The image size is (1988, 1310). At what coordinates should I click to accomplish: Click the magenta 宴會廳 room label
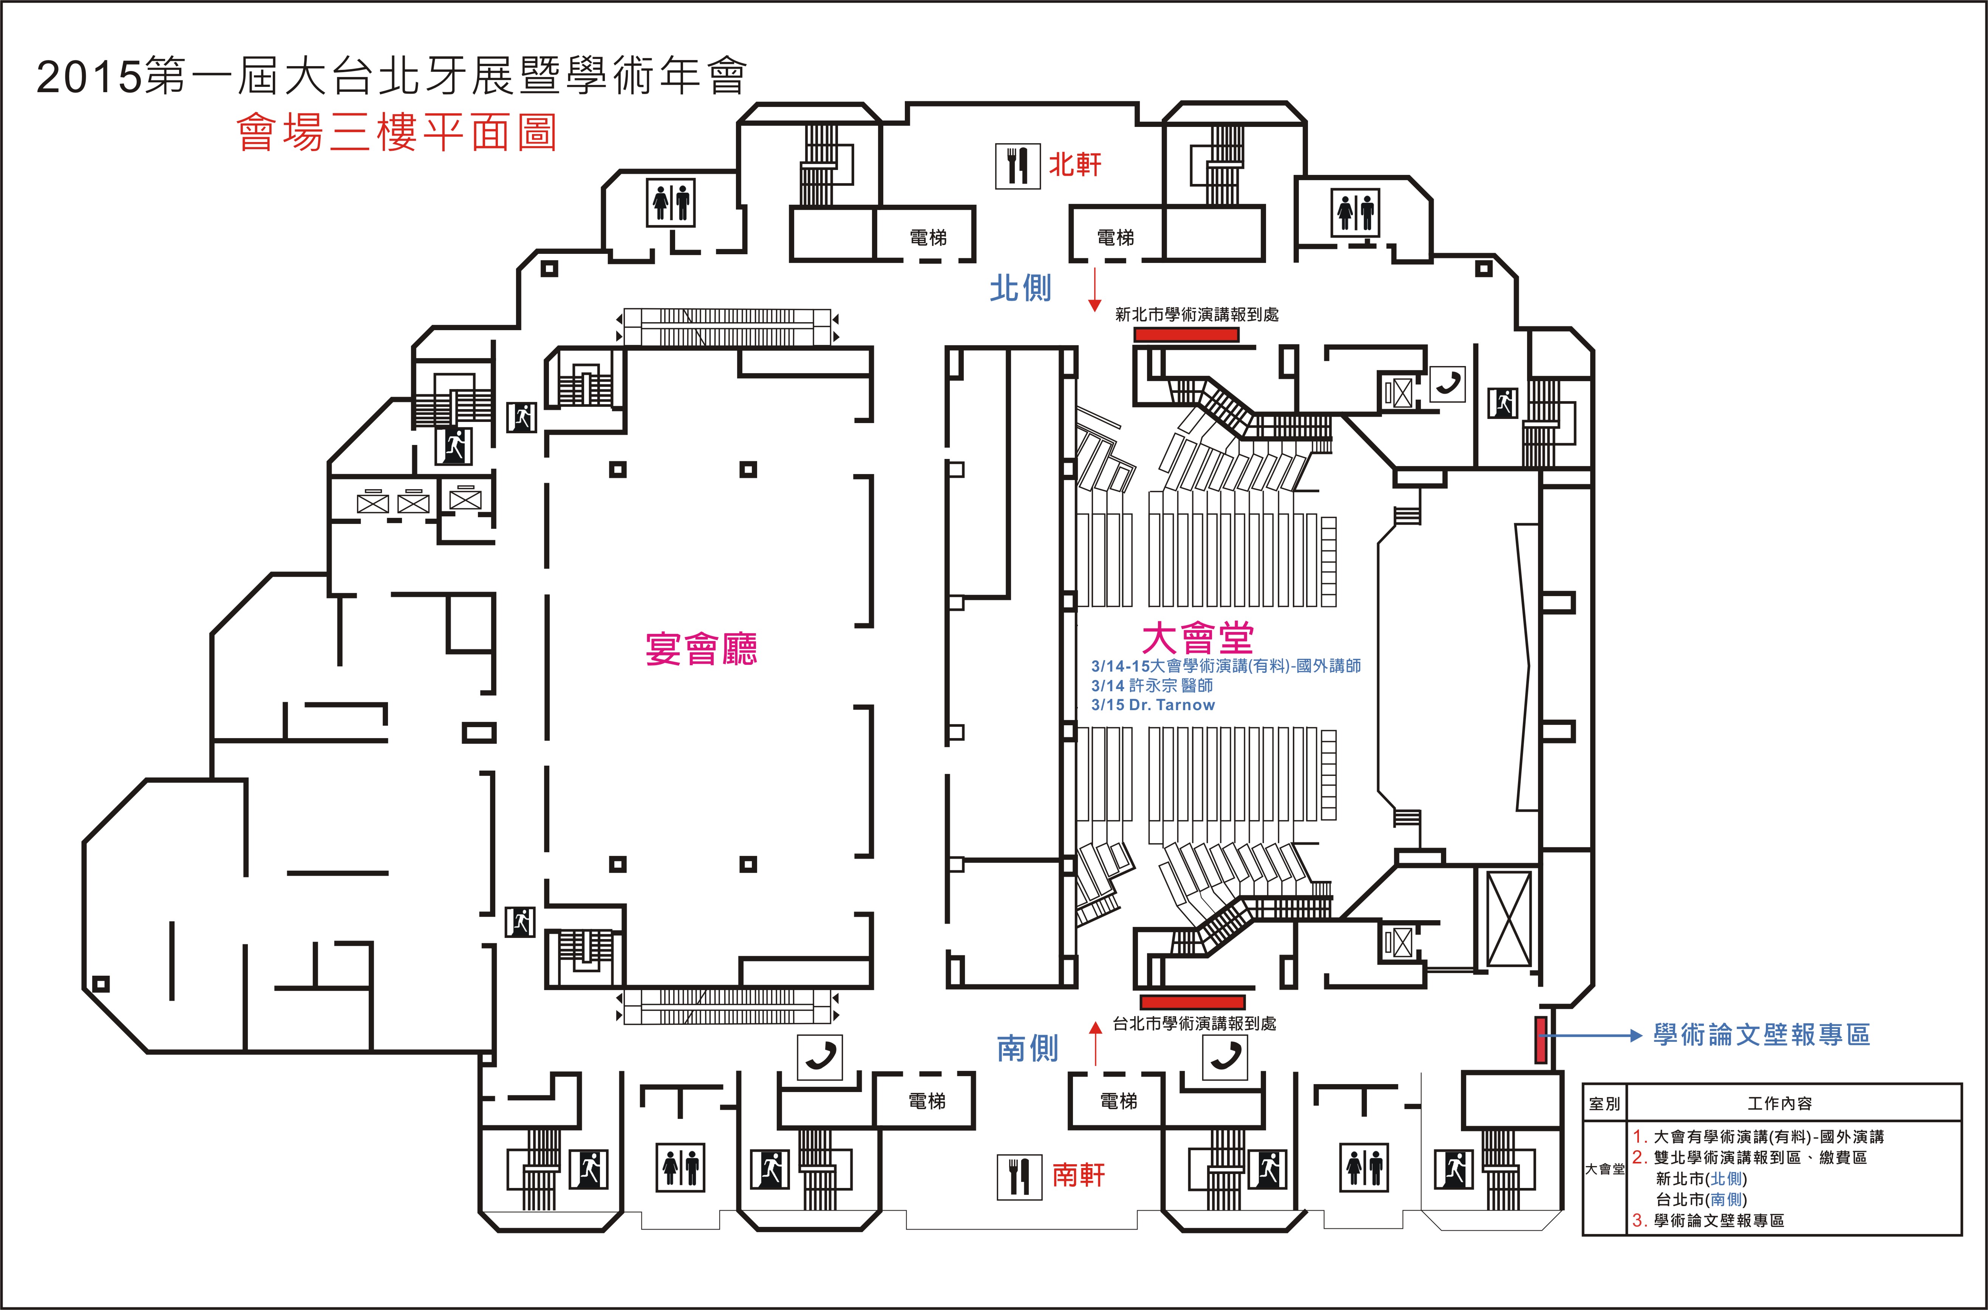click(x=701, y=648)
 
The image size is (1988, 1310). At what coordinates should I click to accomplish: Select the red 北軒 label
click(x=1076, y=165)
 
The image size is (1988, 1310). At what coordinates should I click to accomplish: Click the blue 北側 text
click(x=1020, y=288)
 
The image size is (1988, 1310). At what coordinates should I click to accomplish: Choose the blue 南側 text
click(x=1028, y=1049)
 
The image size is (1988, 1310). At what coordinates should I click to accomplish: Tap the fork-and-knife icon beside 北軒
click(x=1018, y=166)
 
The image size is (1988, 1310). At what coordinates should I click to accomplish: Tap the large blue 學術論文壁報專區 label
click(x=1762, y=1035)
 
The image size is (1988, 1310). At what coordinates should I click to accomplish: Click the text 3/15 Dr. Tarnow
click(x=1153, y=705)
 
